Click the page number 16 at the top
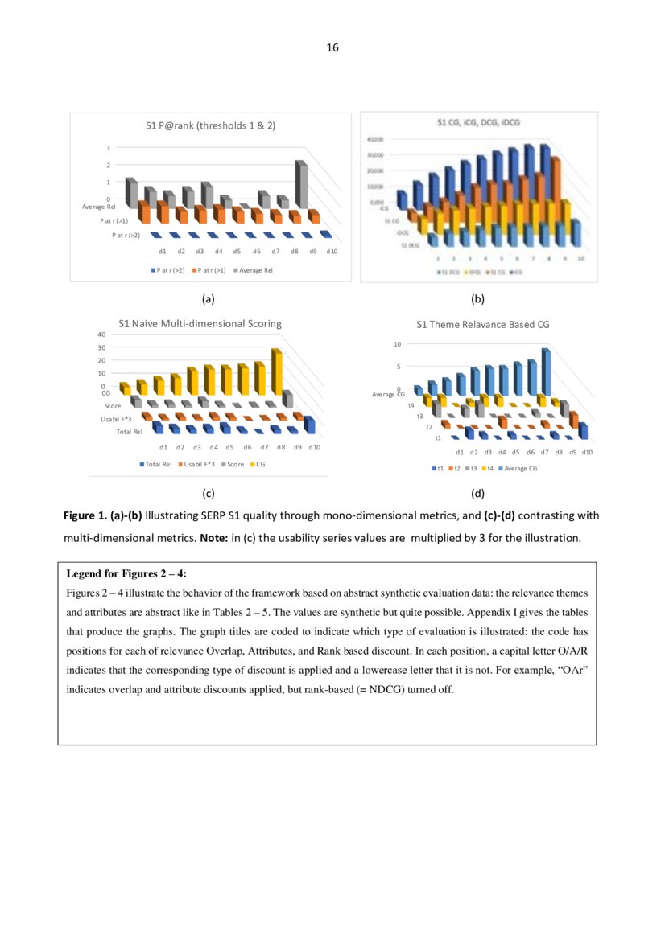coord(332,48)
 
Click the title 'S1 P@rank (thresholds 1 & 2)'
coord(209,126)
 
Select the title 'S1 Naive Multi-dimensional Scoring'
coord(200,323)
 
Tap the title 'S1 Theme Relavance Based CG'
coord(482,325)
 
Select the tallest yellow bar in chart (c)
coord(276,371)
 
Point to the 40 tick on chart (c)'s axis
coord(101,335)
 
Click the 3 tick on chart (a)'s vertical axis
coord(109,148)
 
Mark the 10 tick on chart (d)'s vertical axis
coord(397,344)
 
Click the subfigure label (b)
coord(477,299)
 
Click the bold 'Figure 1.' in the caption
coord(91,515)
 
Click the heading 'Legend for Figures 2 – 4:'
coord(126,573)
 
